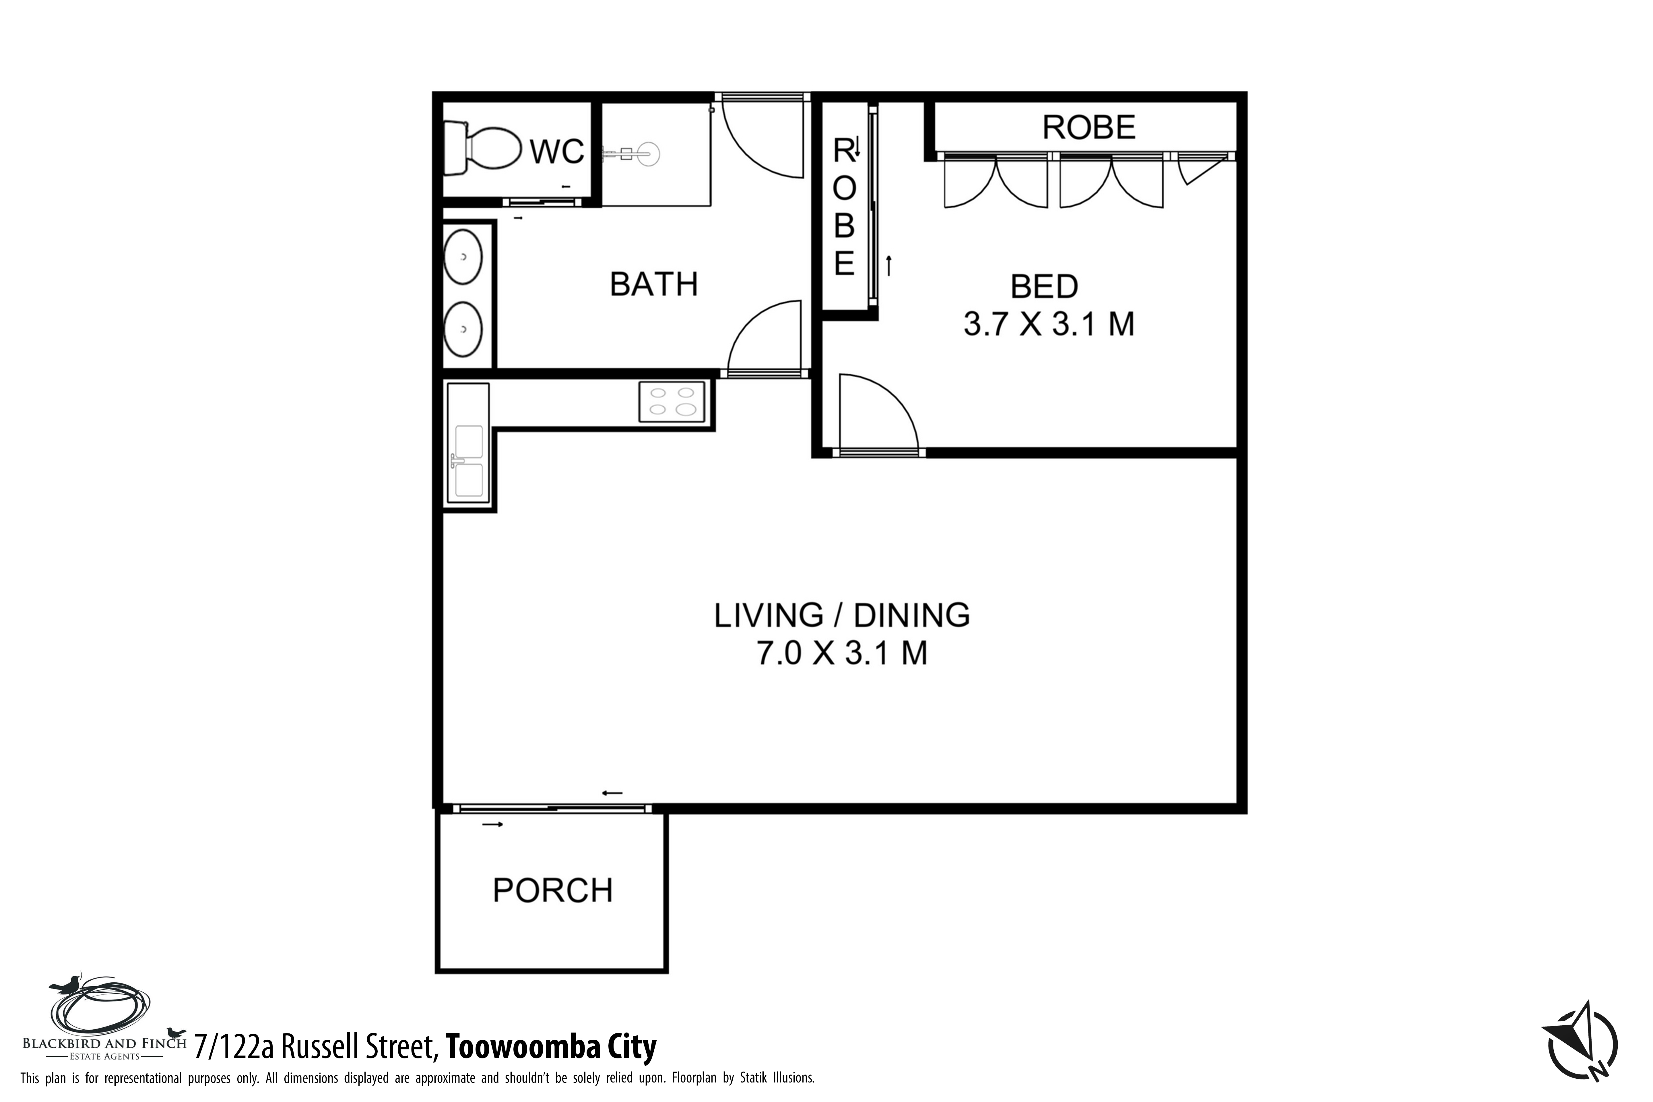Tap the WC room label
[x=557, y=151]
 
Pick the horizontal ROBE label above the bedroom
[x=1089, y=127]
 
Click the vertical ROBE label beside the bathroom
[x=844, y=207]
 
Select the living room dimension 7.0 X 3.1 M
[x=842, y=653]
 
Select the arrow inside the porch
[x=493, y=824]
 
